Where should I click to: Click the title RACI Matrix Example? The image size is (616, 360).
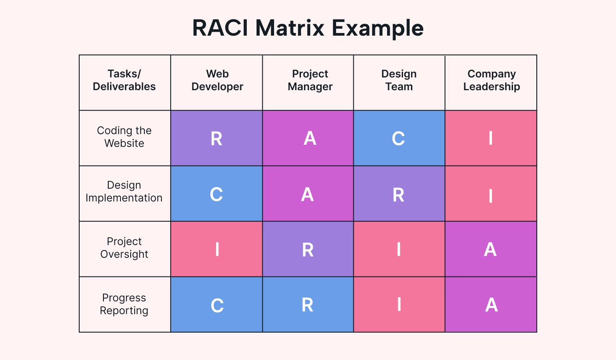point(308,29)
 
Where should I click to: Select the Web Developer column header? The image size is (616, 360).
point(217,81)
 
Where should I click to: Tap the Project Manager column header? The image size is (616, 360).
point(310,81)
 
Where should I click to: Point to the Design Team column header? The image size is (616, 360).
point(399,81)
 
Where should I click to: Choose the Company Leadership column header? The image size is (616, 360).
point(491,81)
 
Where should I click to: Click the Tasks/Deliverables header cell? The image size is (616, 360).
point(124,81)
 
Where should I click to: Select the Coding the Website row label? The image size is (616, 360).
point(124,137)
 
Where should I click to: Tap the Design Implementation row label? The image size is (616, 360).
point(124,192)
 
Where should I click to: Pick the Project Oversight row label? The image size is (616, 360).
point(124,248)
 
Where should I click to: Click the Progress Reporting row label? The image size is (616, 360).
point(124,304)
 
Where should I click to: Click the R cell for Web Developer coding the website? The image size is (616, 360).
point(216,138)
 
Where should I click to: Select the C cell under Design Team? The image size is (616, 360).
point(399,138)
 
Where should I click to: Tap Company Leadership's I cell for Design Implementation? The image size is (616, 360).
point(491,194)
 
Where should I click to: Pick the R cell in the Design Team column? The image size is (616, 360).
point(399,194)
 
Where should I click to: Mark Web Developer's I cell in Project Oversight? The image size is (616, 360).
point(216,249)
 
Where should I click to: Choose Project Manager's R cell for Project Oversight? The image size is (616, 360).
point(308,249)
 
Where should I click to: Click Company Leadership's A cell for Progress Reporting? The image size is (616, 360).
point(491,305)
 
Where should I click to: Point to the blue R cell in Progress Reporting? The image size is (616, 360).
point(308,305)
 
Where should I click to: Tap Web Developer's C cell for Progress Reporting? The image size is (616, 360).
point(216,305)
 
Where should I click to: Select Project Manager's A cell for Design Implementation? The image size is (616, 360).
point(308,194)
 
